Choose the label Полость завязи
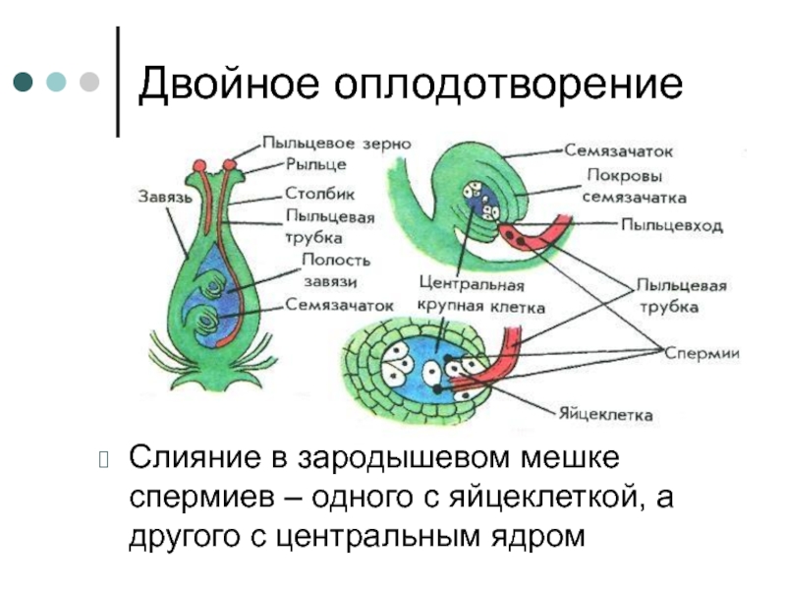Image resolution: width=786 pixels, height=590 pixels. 335,270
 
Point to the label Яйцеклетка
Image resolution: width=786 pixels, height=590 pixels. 605,415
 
